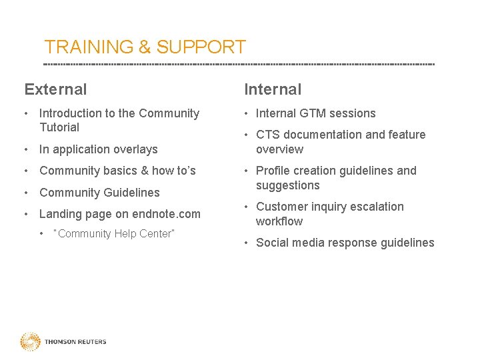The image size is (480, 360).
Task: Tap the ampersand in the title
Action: pyautogui.click(x=145, y=47)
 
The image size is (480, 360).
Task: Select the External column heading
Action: pyautogui.click(x=55, y=89)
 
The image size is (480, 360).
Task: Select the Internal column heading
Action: pyautogui.click(x=273, y=89)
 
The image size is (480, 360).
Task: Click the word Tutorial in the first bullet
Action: pyautogui.click(x=59, y=127)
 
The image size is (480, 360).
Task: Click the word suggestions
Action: pyautogui.click(x=287, y=186)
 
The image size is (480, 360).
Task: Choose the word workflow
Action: pyautogui.click(x=279, y=222)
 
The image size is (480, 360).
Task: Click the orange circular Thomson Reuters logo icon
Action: pyautogui.click(x=30, y=342)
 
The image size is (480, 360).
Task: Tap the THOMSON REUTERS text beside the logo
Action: pyautogui.click(x=75, y=342)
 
